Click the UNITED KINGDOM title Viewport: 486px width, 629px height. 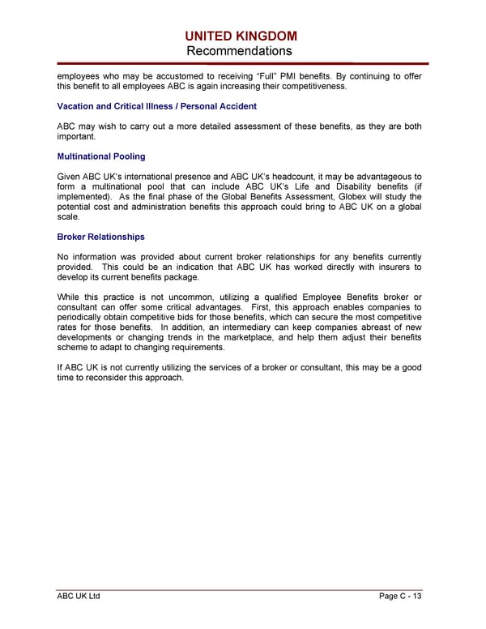coord(241,36)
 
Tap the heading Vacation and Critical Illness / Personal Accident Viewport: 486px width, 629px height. coord(157,106)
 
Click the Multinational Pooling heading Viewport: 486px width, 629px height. coord(101,156)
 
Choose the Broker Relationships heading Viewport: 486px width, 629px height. coord(101,237)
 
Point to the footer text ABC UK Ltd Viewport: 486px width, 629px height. coord(79,597)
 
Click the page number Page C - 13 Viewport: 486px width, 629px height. coord(400,597)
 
